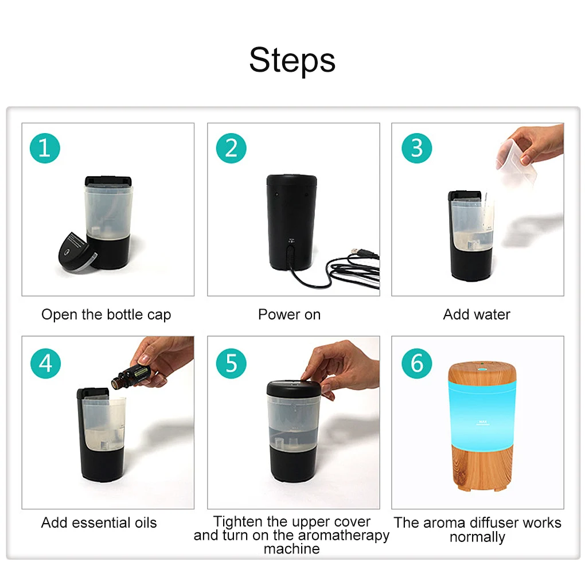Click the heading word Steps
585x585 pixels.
(x=292, y=60)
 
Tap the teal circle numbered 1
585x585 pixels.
(x=45, y=148)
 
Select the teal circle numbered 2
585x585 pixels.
(x=231, y=148)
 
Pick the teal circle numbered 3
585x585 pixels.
(x=417, y=148)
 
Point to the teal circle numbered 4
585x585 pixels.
(x=45, y=364)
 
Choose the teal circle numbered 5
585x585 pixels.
(x=231, y=364)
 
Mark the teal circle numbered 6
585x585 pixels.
(x=417, y=364)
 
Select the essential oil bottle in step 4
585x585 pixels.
(x=131, y=376)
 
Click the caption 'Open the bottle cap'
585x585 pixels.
(x=106, y=315)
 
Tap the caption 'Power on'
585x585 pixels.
(x=289, y=314)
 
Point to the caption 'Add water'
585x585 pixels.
(x=477, y=314)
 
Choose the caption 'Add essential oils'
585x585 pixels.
(x=99, y=522)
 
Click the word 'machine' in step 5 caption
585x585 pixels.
(x=292, y=549)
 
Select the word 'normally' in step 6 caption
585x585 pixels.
(x=477, y=537)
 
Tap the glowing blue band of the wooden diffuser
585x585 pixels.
(x=482, y=414)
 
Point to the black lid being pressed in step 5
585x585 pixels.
(x=294, y=388)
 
